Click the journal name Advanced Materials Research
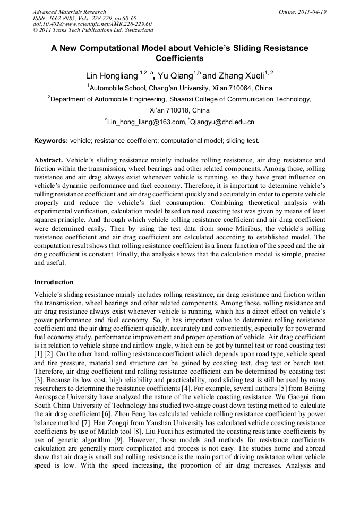point(69,12)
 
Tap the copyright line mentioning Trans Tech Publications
point(93,30)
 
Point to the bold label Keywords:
point(51,141)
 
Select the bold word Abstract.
point(48,160)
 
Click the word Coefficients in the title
point(179,59)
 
